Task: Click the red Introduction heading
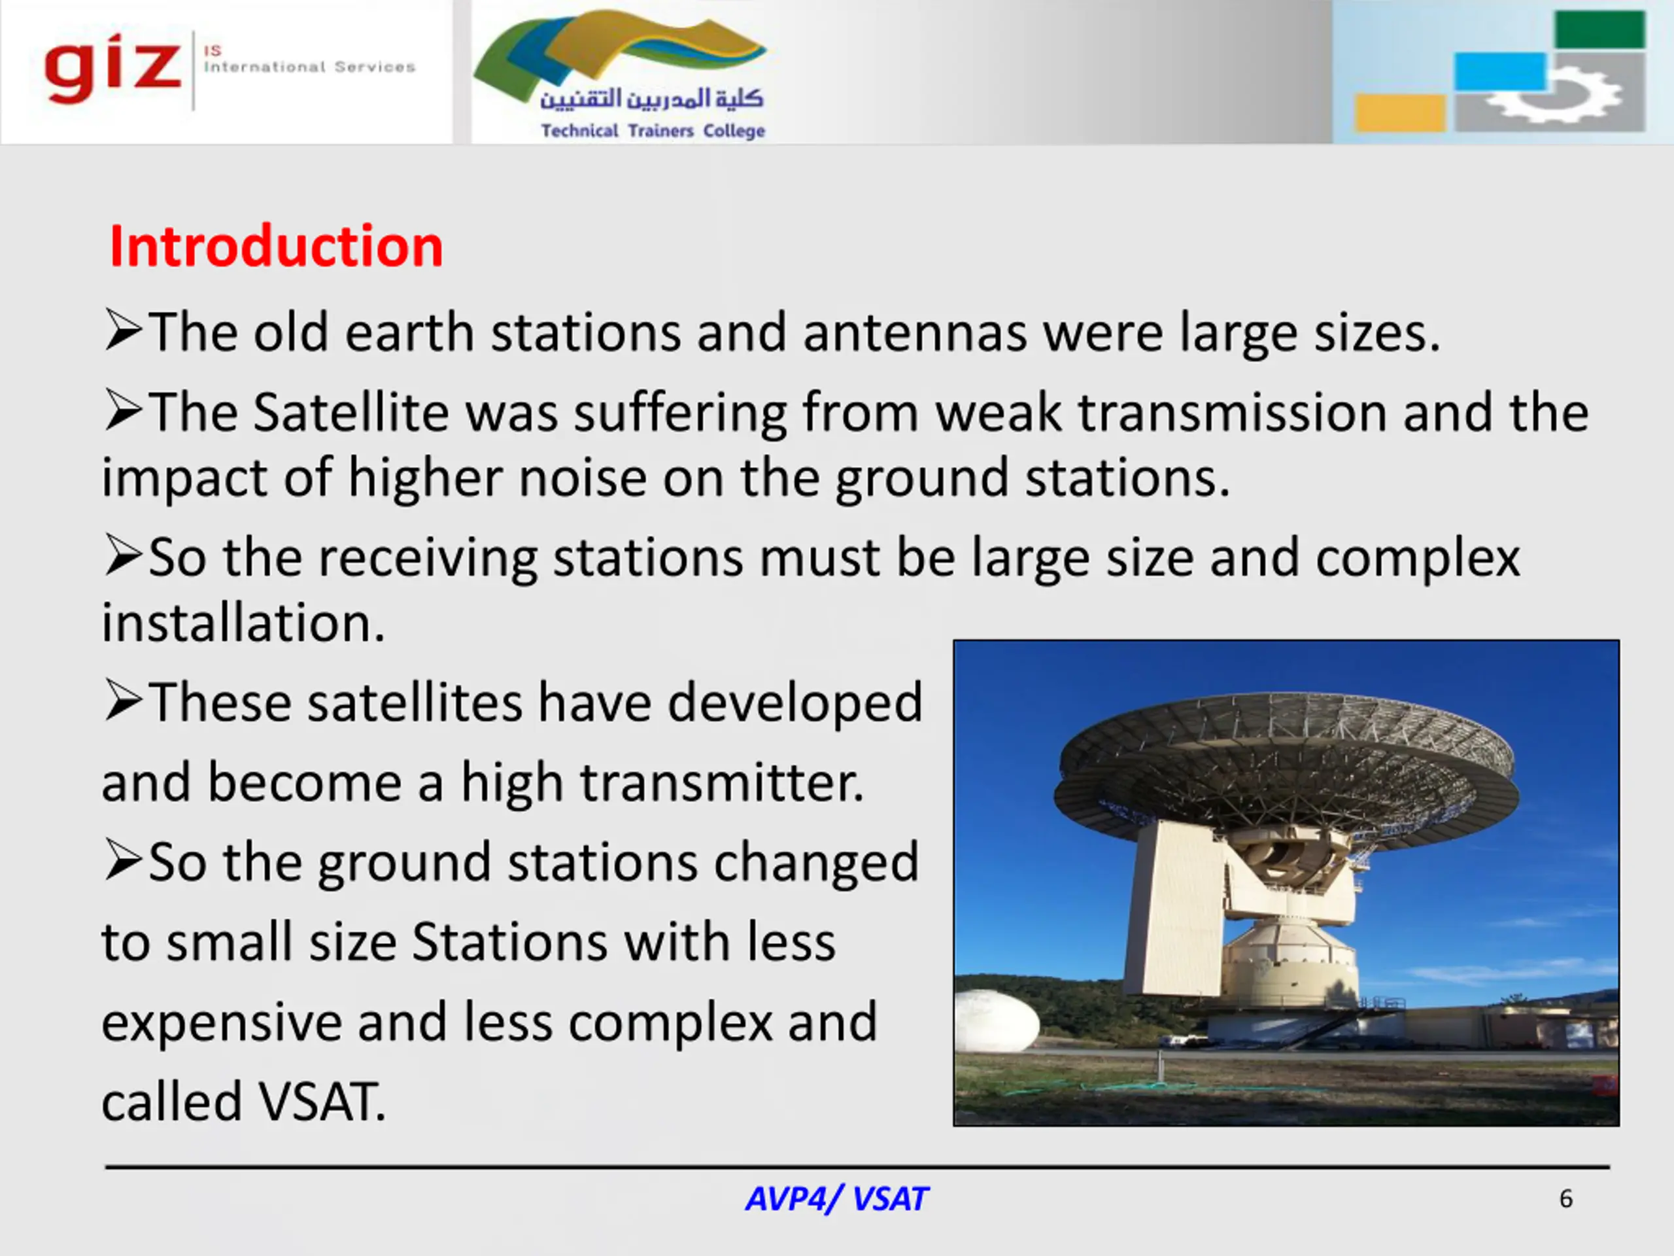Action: click(x=276, y=247)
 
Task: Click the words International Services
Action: click(x=309, y=67)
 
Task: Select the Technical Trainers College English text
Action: click(x=653, y=131)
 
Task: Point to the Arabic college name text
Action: click(x=651, y=97)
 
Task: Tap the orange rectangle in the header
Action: click(x=1400, y=113)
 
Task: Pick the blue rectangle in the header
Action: click(x=1500, y=72)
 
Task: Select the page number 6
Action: click(x=1566, y=1198)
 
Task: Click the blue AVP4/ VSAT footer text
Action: click(x=836, y=1198)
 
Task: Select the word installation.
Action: click(x=243, y=622)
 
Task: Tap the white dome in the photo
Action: click(x=996, y=1020)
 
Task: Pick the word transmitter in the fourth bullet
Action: click(x=721, y=782)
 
